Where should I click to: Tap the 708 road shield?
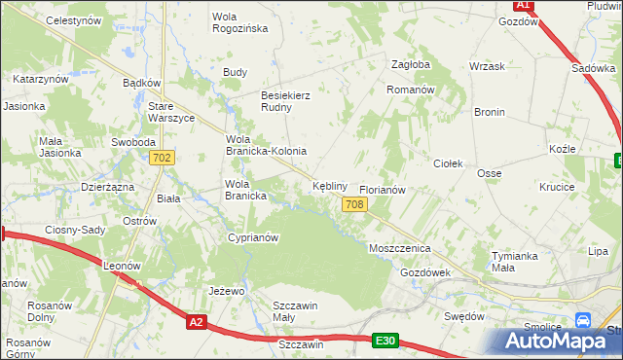354,203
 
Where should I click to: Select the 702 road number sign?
163,158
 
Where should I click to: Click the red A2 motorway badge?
197,321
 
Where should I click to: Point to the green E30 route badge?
385,340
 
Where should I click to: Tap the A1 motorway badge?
523,5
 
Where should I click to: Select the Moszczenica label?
399,249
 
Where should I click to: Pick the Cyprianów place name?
252,237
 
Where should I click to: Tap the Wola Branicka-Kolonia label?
266,145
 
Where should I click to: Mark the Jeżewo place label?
225,291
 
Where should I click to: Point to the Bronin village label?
489,112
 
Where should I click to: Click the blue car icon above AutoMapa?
583,320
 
